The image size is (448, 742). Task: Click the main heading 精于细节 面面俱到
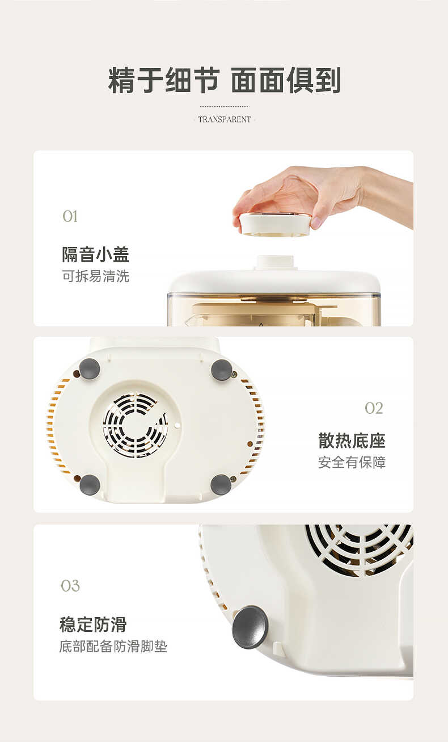point(224,80)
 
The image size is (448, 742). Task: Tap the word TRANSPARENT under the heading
point(225,120)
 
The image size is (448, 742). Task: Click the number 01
point(70,216)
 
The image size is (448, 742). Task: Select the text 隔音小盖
point(95,254)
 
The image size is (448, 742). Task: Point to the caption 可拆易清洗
point(95,276)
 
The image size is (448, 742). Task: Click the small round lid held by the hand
point(275,224)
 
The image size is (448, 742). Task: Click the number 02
point(374,408)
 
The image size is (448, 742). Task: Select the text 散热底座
point(352,441)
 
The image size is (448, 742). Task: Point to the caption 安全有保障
point(352,463)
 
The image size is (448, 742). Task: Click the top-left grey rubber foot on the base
point(90,369)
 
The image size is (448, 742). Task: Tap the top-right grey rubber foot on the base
point(222,370)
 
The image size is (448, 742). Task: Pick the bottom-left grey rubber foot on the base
point(90,485)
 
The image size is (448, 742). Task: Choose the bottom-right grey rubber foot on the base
point(221,485)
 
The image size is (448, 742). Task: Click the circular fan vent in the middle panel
point(135,425)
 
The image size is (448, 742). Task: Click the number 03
point(70,586)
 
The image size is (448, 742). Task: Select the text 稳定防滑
point(93,624)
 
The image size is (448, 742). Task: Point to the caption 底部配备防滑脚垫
point(113,647)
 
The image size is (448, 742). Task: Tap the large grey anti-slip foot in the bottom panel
point(250,627)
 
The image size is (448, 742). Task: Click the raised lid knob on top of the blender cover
point(275,262)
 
